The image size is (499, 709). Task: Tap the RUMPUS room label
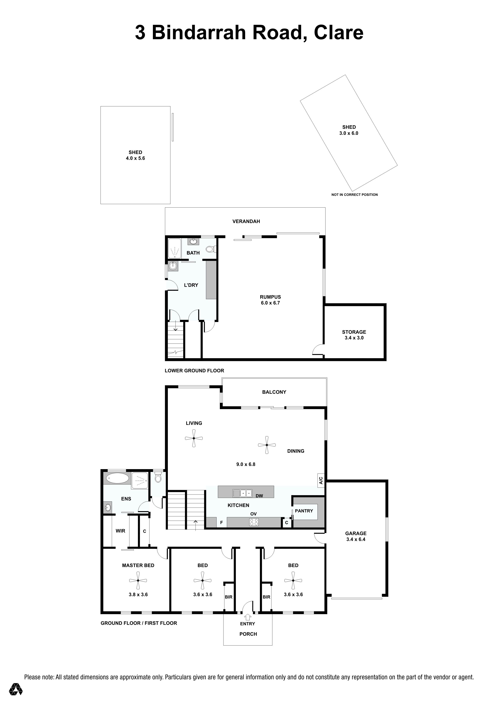[270, 297]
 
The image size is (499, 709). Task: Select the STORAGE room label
[354, 332]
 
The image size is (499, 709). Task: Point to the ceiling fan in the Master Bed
[138, 580]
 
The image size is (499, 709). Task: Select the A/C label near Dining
[321, 480]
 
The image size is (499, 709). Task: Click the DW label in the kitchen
[259, 496]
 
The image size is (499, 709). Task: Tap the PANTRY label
[304, 511]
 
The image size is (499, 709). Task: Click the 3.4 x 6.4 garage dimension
[356, 539]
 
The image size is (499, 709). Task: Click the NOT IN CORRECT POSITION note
[355, 195]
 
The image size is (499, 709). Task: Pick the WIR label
[120, 531]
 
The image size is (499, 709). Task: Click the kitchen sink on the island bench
[242, 493]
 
